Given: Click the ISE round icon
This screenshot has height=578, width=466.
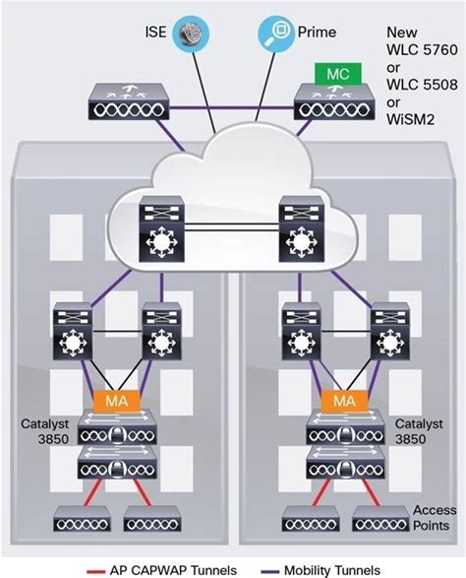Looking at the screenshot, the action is click(191, 33).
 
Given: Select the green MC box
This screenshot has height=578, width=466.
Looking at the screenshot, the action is click(338, 74).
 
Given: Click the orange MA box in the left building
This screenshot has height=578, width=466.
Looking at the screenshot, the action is click(117, 401).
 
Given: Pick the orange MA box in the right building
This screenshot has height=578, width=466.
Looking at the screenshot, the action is click(344, 401).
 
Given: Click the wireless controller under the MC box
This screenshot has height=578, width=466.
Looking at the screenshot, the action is click(334, 102).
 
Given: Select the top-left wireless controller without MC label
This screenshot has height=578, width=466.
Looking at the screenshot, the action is click(129, 101).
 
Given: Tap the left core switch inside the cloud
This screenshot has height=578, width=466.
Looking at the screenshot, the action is click(161, 228).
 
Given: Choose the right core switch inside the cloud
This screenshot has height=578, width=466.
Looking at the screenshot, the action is click(302, 228).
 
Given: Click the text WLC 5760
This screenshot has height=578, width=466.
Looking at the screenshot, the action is click(422, 50).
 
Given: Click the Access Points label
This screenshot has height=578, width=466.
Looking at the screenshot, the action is click(435, 518).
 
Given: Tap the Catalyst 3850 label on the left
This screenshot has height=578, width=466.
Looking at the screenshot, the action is click(44, 431).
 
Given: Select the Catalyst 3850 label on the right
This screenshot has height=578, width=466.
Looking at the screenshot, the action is click(419, 431).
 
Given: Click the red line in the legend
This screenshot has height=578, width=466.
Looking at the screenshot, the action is click(95, 572).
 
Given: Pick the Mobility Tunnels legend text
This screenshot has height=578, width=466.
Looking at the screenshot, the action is click(332, 570).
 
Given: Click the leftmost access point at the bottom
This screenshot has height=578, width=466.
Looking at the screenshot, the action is click(82, 518).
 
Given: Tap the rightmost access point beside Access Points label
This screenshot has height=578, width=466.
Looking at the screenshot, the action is click(380, 518).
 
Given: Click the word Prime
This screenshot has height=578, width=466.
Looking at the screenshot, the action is click(317, 32).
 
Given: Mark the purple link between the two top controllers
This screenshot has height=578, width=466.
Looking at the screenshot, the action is click(232, 108).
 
